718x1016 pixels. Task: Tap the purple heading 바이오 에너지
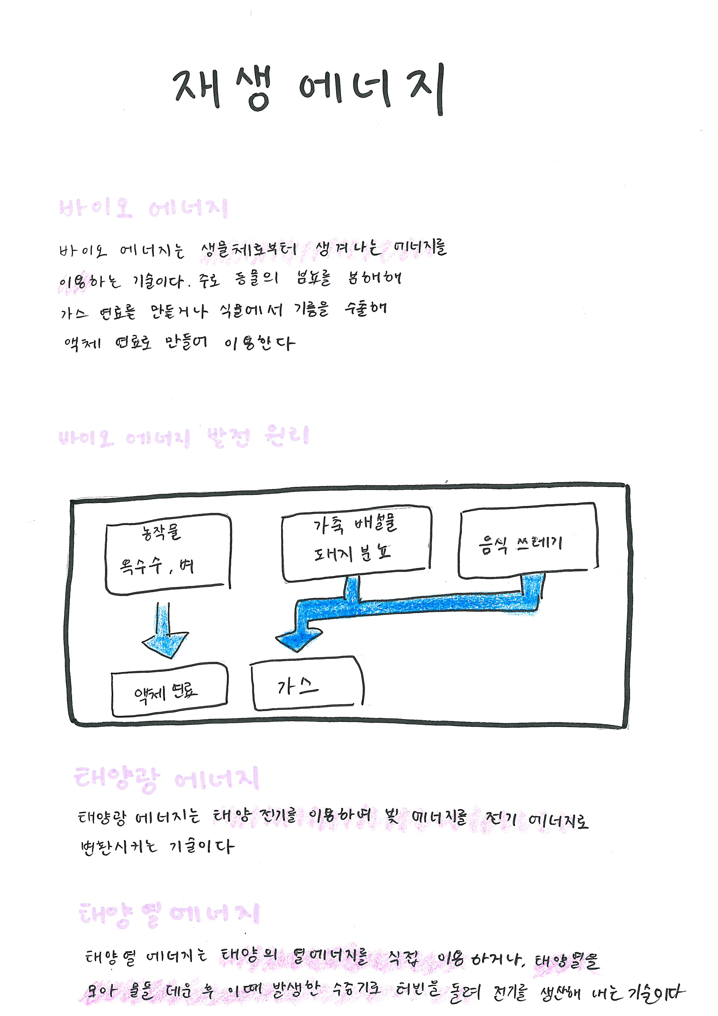click(143, 208)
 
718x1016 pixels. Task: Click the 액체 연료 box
click(169, 691)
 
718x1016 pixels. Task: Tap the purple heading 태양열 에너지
click(169, 915)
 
